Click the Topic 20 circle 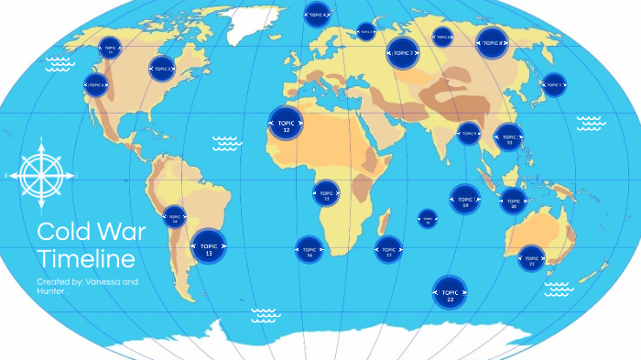[x=514, y=202]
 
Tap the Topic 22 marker [x=450, y=293]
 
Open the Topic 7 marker [x=402, y=53]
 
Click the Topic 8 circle [x=492, y=42]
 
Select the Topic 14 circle [x=174, y=218]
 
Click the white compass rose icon [x=38, y=173]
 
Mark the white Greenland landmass [x=251, y=18]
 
